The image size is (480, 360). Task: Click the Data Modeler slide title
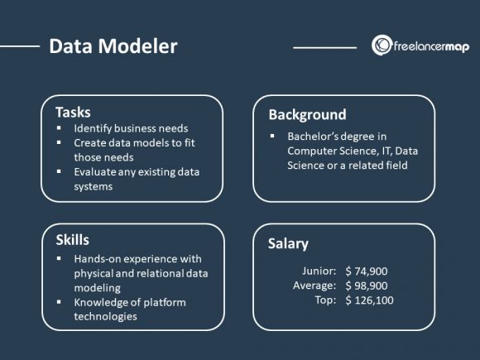[x=113, y=46]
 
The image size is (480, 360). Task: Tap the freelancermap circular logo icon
[x=382, y=45]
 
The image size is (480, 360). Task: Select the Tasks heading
[x=73, y=112]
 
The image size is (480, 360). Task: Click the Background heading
[x=307, y=114]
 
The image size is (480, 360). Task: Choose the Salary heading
[x=288, y=243]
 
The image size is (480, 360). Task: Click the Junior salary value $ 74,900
[x=367, y=271]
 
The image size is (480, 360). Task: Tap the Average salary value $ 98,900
[x=367, y=286]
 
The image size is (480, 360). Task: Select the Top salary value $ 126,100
[x=369, y=300]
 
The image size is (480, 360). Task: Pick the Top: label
[x=324, y=300]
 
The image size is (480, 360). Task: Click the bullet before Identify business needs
[x=60, y=129]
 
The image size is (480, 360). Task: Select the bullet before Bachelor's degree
[x=273, y=136]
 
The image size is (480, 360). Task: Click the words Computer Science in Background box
[x=329, y=151]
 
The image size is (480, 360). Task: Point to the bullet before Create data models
[x=60, y=143]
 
